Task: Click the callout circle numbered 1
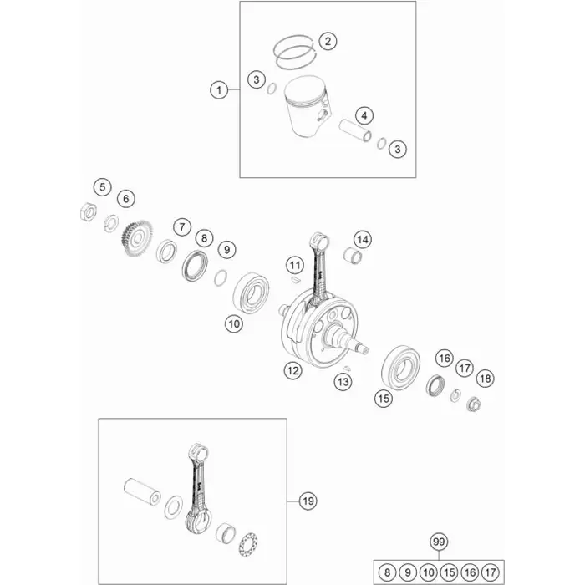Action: (219, 90)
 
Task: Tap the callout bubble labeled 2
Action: (328, 41)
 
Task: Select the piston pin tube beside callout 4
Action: (355, 130)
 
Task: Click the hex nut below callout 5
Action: (89, 212)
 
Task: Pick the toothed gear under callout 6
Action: (137, 238)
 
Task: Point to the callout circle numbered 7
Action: (182, 226)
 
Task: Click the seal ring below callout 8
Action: (195, 266)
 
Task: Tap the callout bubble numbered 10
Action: (234, 323)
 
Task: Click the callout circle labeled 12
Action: (292, 370)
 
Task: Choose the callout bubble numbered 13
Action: (343, 381)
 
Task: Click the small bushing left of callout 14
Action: (353, 257)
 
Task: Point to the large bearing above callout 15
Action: (400, 367)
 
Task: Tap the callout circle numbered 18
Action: (485, 379)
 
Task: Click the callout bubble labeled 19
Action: (308, 501)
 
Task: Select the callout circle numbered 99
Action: (439, 542)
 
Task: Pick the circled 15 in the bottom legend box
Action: (450, 572)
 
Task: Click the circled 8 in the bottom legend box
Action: (387, 572)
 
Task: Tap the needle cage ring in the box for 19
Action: (248, 545)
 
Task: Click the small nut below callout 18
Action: (474, 404)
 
